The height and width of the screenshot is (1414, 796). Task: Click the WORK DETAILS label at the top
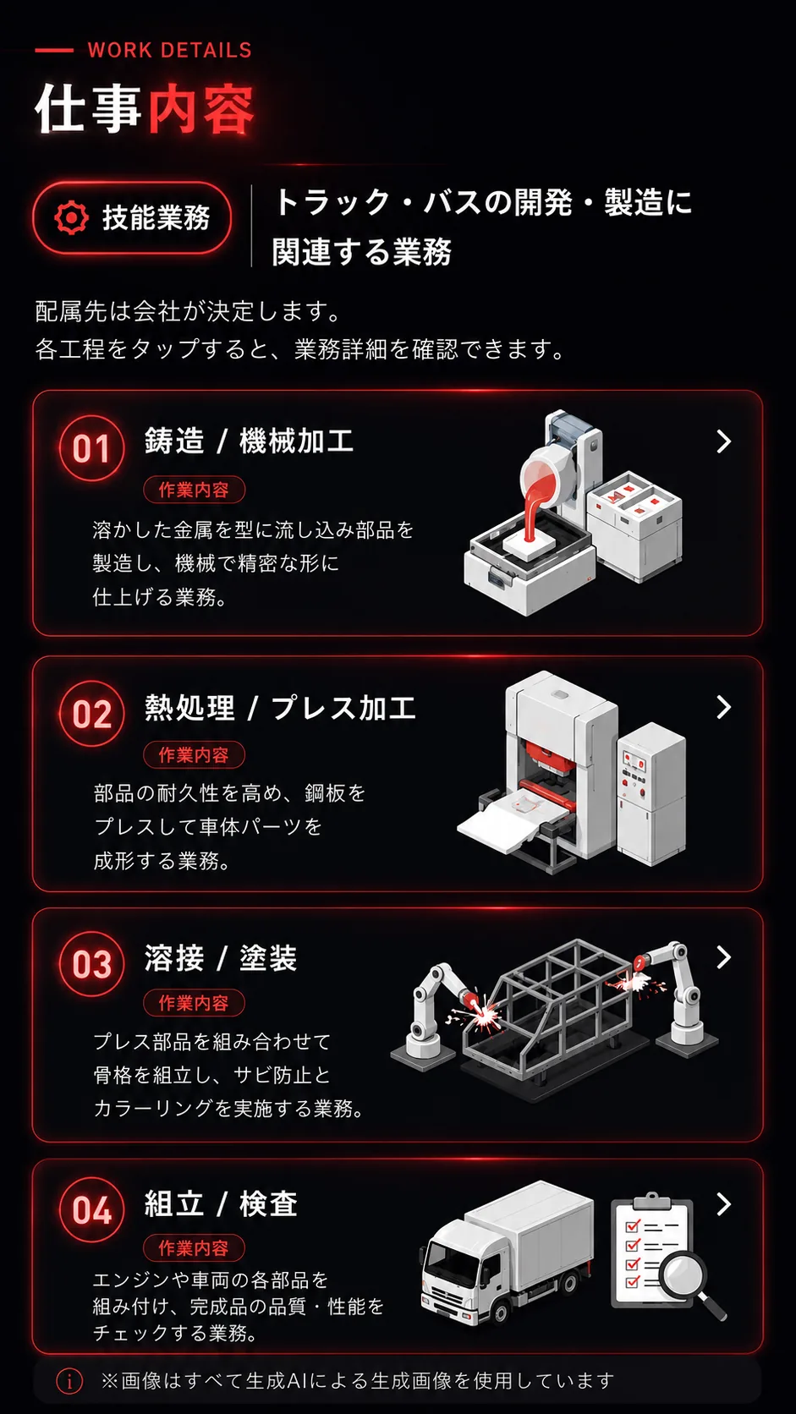[169, 51]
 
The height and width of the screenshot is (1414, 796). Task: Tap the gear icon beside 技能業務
[71, 218]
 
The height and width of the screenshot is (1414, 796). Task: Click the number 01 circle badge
[91, 448]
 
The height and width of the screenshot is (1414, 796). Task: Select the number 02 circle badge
[91, 714]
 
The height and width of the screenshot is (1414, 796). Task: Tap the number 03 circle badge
[91, 964]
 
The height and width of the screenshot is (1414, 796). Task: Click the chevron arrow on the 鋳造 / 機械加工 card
[724, 441]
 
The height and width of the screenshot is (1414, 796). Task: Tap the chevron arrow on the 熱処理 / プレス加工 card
[724, 707]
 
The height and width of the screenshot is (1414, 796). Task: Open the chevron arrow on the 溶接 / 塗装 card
[724, 957]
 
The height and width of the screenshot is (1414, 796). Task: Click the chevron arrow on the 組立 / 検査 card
[724, 1204]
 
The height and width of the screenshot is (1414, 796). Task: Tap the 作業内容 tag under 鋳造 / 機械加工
[194, 490]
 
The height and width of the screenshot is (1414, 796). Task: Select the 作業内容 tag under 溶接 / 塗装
[194, 1003]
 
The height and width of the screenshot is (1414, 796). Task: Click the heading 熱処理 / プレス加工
[280, 708]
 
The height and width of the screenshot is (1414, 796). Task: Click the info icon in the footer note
[69, 1381]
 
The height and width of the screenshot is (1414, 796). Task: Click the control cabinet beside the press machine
[651, 795]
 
